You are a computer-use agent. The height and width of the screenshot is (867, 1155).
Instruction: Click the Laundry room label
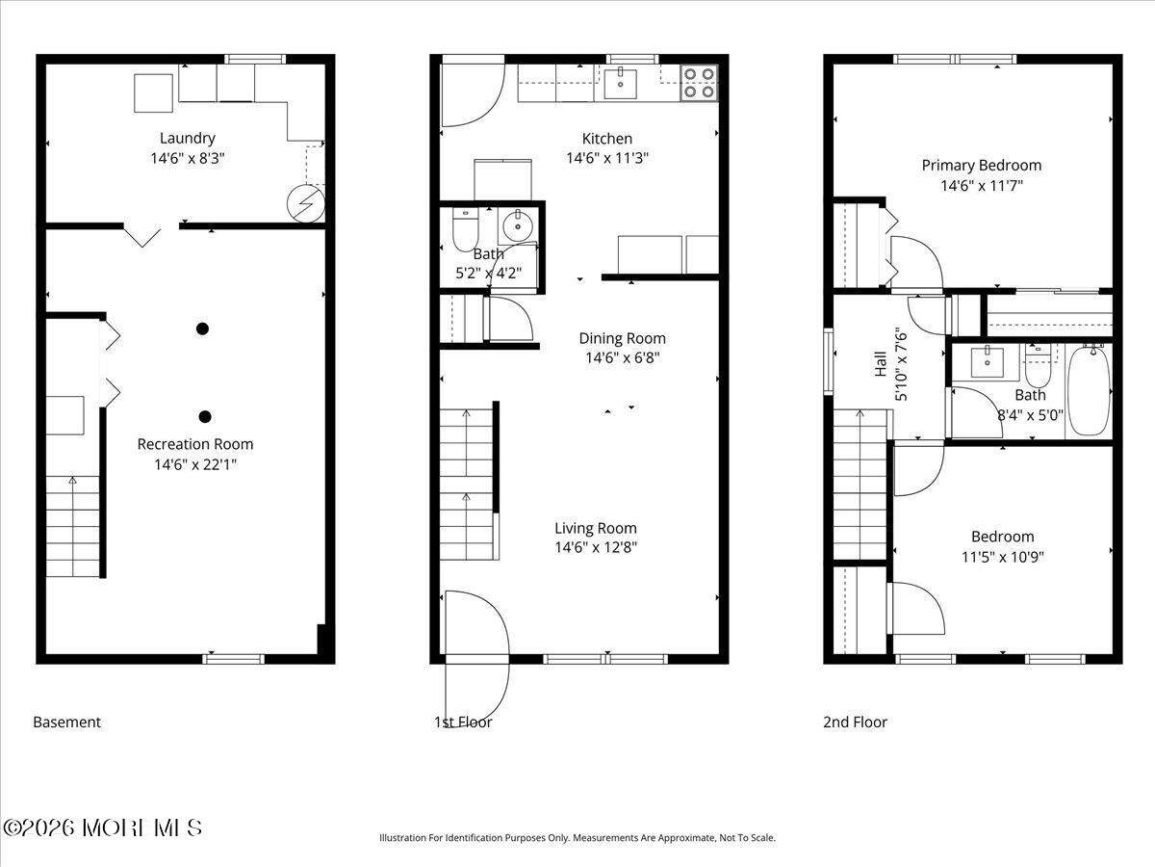pyautogui.click(x=188, y=139)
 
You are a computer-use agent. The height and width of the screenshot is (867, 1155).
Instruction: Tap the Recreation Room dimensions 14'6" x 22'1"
pyautogui.click(x=195, y=464)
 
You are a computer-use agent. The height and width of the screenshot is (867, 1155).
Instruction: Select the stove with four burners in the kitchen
pyautogui.click(x=700, y=83)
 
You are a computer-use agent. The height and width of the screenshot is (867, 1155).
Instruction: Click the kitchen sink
pyautogui.click(x=620, y=83)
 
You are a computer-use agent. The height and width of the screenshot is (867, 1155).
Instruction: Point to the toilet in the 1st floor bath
pyautogui.click(x=465, y=229)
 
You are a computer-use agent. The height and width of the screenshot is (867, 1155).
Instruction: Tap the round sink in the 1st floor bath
pyautogui.click(x=518, y=226)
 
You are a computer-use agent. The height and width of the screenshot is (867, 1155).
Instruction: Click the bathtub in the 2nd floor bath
pyautogui.click(x=1089, y=390)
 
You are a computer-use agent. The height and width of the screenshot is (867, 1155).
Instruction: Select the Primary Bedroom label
pyautogui.click(x=982, y=166)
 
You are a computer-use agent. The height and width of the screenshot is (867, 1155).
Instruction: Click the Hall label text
pyautogui.click(x=881, y=364)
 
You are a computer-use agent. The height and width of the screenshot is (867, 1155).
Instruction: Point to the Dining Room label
pyautogui.click(x=622, y=338)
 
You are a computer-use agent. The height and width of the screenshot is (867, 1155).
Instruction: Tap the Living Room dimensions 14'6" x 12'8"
pyautogui.click(x=596, y=547)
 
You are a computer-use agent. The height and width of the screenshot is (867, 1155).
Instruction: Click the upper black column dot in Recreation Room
pyautogui.click(x=202, y=329)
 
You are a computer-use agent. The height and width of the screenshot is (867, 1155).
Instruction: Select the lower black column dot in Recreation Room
pyautogui.click(x=205, y=417)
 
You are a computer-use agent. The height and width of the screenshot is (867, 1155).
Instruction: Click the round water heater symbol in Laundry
pyautogui.click(x=306, y=203)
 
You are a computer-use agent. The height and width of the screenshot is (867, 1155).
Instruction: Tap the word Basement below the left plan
pyautogui.click(x=66, y=722)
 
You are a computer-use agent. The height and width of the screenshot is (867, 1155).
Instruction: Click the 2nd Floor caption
pyautogui.click(x=855, y=722)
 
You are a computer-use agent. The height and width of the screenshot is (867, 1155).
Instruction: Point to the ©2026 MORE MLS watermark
pyautogui.click(x=102, y=828)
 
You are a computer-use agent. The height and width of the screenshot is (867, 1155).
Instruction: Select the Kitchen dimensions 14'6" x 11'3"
pyautogui.click(x=607, y=158)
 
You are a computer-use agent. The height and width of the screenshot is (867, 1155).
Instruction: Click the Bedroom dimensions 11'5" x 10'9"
pyautogui.click(x=1003, y=557)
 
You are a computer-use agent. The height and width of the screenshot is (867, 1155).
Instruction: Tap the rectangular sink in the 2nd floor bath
pyautogui.click(x=988, y=361)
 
